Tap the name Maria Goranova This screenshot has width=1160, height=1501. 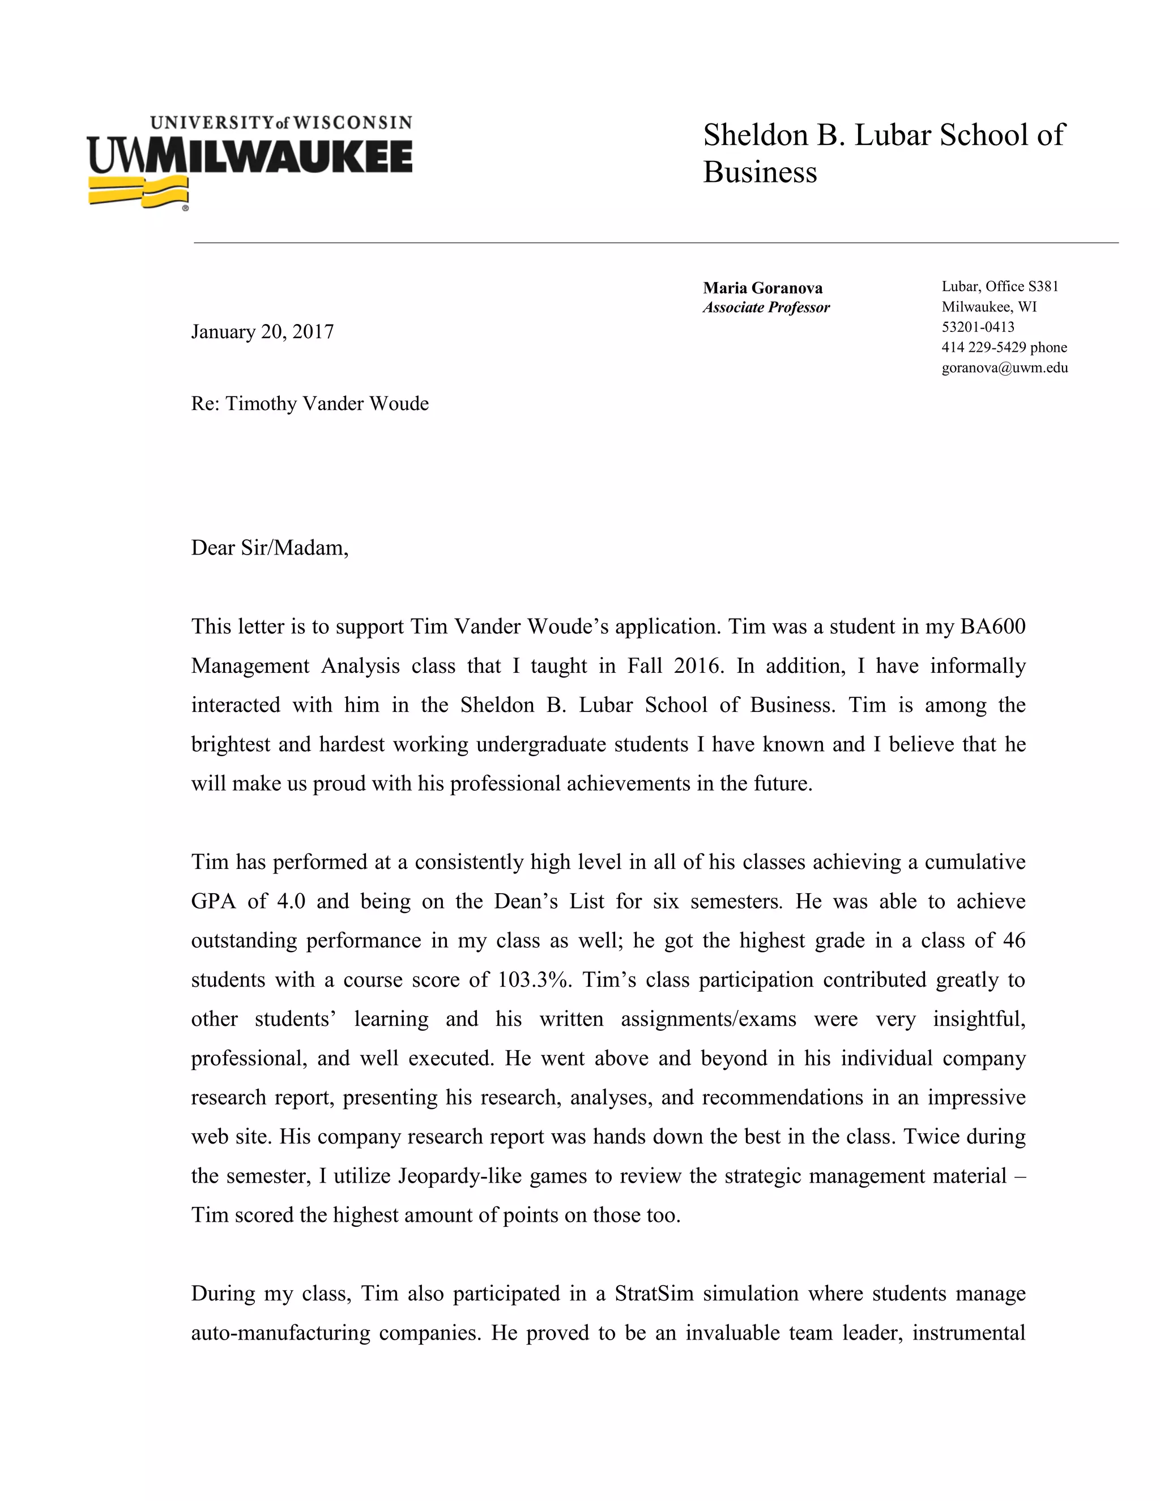(x=762, y=288)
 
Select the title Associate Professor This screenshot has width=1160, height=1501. (x=766, y=307)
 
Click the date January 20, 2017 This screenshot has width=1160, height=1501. (x=262, y=332)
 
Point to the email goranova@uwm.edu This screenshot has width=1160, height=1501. (x=1004, y=368)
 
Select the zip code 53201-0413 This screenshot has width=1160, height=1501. (x=977, y=327)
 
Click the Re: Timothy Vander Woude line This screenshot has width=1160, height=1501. (x=309, y=403)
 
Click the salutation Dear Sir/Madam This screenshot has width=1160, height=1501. (x=270, y=548)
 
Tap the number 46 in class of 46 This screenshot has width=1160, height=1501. (x=1014, y=940)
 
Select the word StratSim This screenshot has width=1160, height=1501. (x=654, y=1294)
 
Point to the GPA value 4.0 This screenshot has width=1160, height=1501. (x=291, y=901)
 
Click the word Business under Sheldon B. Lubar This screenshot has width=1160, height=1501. (x=760, y=173)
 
